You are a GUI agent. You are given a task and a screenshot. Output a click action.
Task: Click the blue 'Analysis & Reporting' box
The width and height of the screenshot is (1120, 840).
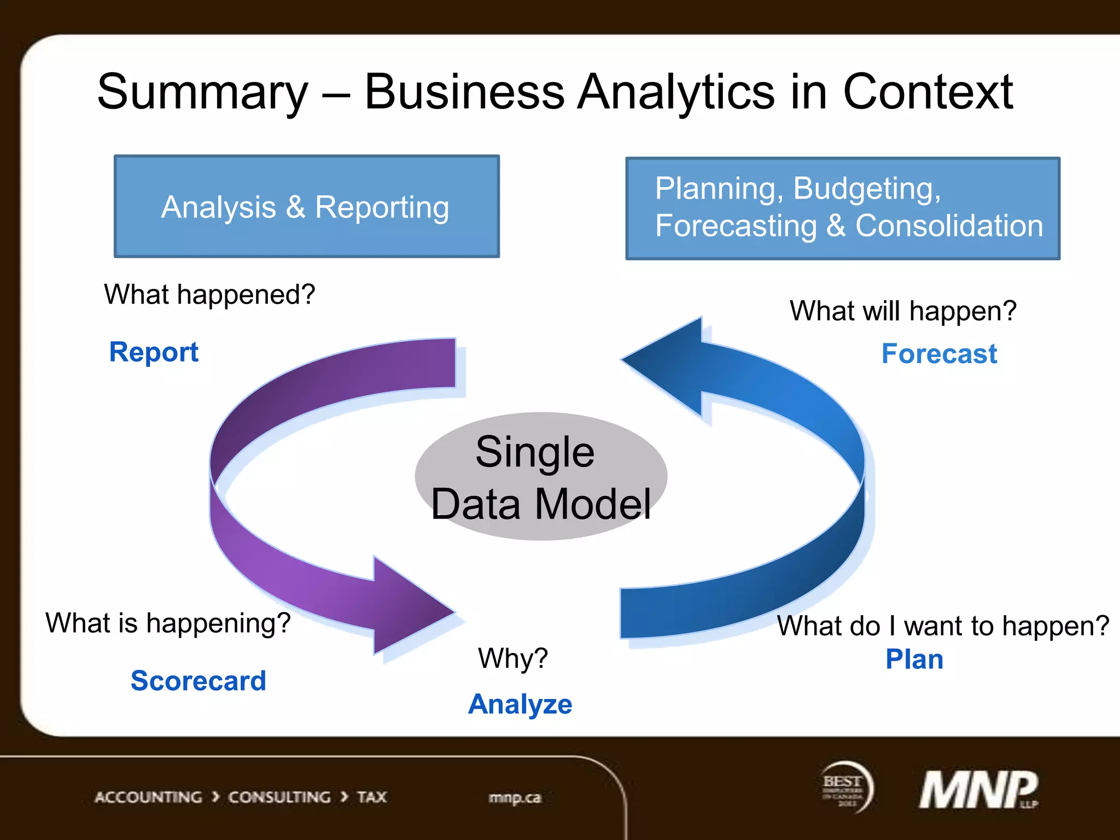306,207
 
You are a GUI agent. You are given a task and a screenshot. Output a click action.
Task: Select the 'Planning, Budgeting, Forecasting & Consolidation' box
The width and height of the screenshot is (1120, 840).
842,208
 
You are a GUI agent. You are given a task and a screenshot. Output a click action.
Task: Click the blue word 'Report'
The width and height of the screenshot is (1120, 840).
154,352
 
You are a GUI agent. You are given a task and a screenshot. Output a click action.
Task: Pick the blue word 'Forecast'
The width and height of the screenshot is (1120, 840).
939,354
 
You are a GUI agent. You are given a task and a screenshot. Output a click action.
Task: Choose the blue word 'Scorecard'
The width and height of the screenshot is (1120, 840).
198,681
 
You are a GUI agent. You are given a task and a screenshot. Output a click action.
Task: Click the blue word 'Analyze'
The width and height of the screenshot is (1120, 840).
520,704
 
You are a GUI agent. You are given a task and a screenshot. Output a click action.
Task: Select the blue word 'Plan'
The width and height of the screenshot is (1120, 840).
914,660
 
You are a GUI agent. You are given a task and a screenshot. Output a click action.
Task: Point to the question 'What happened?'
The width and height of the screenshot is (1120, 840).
209,295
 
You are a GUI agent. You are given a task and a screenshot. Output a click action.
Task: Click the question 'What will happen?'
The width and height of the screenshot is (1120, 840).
902,311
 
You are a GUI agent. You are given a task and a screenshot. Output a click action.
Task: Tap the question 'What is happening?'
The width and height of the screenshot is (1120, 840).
168,623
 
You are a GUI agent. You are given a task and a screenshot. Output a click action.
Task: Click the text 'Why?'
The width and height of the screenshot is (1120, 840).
512,658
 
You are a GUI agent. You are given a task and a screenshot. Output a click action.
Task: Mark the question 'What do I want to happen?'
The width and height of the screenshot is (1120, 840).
942,626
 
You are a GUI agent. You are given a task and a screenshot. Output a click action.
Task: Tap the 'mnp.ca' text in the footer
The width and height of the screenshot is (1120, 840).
514,798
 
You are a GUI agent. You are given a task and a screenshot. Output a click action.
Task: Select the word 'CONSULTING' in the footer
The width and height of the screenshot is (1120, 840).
279,797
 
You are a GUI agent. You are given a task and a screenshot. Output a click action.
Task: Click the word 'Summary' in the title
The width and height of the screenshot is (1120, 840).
202,92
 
